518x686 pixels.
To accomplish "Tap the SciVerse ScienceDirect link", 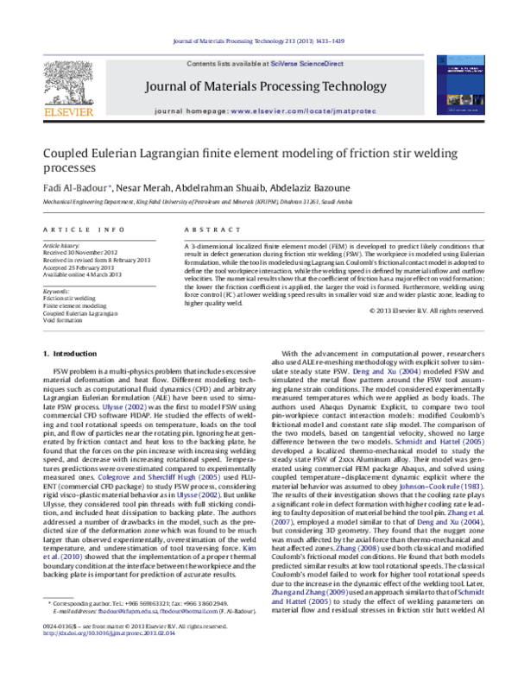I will point(307,65).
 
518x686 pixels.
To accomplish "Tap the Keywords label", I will point(57,292).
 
